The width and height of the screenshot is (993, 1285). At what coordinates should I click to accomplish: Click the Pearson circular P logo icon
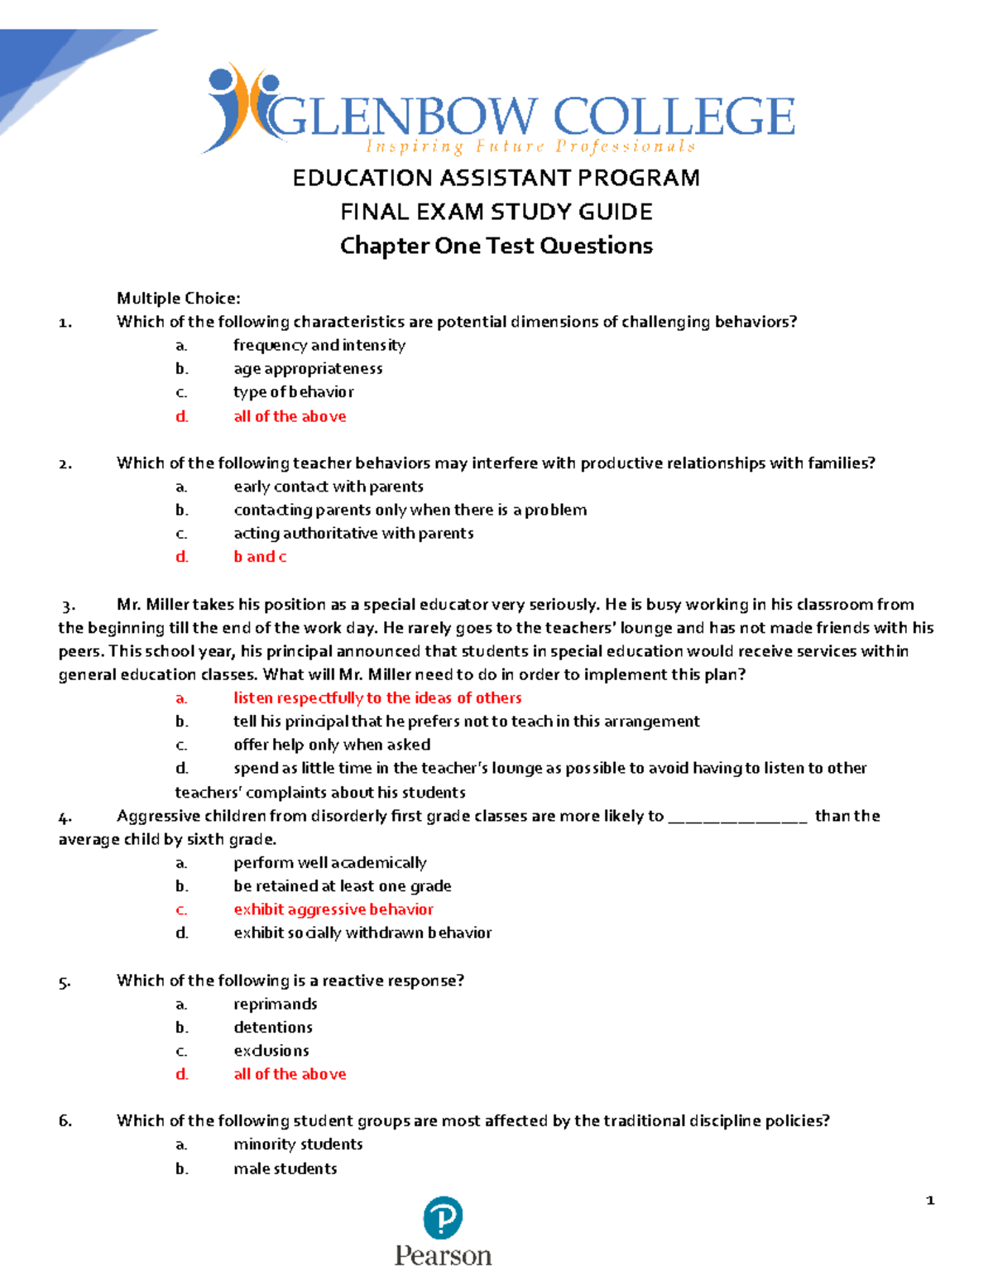point(443,1218)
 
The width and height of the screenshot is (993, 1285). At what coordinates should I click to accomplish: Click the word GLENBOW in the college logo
point(404,117)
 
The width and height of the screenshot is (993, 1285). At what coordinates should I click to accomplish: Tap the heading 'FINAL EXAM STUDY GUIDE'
point(496,212)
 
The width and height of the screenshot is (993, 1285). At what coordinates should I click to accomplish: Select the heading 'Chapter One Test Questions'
point(496,246)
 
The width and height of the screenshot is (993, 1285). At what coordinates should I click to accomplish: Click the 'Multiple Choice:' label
point(179,298)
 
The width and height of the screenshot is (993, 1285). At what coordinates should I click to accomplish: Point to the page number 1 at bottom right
point(930,1200)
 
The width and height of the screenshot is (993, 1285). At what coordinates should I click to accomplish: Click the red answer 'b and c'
point(260,557)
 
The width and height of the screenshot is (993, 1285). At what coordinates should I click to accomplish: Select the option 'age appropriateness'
point(308,368)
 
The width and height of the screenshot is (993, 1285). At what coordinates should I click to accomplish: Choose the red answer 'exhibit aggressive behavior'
point(333,909)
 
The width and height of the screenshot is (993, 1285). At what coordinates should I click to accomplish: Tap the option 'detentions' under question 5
point(273,1027)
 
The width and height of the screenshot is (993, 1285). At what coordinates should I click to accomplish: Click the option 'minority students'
point(298,1144)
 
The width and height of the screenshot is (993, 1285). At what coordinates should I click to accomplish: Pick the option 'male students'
point(285,1168)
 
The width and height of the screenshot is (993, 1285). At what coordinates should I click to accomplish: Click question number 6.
point(65,1121)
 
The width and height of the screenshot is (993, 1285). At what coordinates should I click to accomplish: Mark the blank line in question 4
point(736,818)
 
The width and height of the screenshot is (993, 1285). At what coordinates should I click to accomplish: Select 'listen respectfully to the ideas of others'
point(377,698)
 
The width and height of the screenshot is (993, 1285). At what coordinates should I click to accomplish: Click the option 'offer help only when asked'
point(332,745)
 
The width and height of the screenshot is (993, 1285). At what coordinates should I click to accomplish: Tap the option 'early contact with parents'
point(329,487)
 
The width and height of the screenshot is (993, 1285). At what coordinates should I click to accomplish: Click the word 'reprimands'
point(276,1004)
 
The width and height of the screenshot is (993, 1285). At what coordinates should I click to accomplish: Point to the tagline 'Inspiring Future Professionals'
point(530,147)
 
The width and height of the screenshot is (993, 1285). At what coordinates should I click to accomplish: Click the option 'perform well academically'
point(330,862)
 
